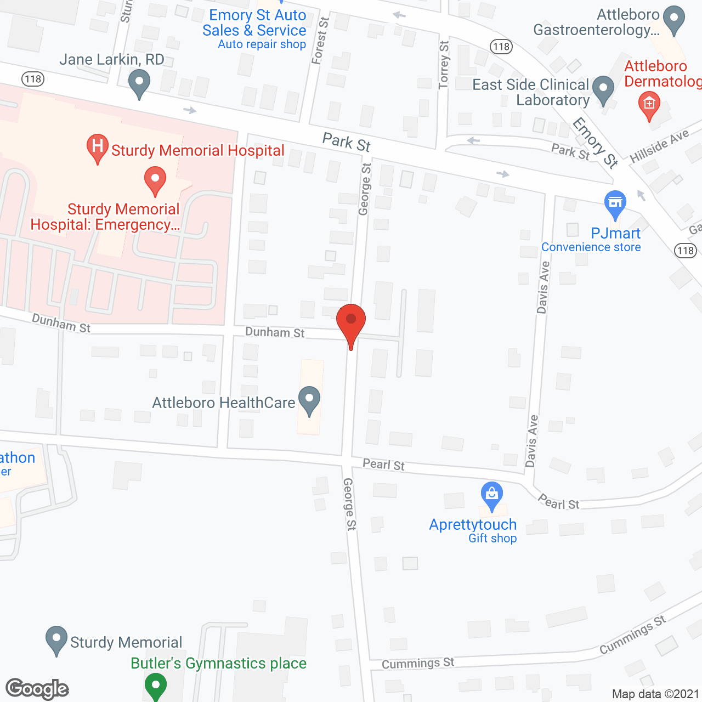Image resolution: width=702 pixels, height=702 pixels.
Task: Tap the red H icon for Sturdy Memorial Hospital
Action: [98, 147]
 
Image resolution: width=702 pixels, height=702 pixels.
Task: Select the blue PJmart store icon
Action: [615, 203]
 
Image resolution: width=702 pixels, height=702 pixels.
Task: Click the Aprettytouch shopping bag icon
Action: [492, 495]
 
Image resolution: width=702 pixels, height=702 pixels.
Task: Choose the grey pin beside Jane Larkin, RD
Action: [139, 84]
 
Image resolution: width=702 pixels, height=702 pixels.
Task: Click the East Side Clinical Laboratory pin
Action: [603, 89]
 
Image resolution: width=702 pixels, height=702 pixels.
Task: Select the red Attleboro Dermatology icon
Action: [649, 105]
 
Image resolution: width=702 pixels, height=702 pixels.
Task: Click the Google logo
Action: [37, 689]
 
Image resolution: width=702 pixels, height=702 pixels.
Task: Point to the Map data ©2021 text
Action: [655, 694]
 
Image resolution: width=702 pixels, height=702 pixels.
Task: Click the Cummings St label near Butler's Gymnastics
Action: [418, 663]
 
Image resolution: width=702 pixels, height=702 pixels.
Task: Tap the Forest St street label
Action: [320, 41]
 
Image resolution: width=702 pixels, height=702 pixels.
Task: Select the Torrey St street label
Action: [444, 65]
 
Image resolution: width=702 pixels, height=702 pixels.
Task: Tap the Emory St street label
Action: [596, 142]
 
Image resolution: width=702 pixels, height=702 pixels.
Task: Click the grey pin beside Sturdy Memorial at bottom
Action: [56, 639]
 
